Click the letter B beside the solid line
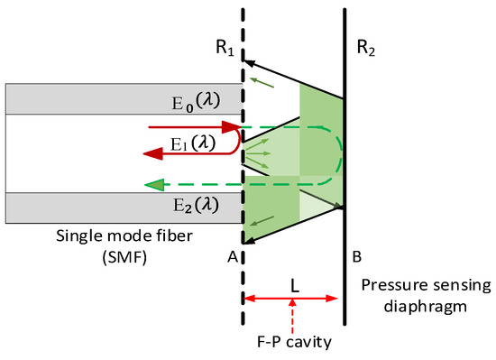(x=358, y=255)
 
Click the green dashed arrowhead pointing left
(x=154, y=185)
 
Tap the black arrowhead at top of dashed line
(x=249, y=61)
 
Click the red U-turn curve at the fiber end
(x=236, y=141)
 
